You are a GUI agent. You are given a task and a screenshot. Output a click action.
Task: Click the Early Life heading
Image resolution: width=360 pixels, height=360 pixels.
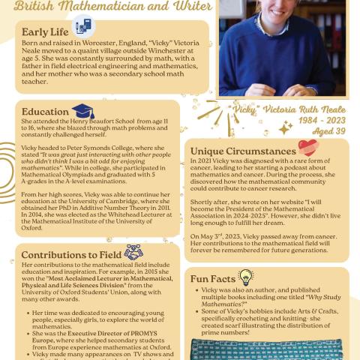[45, 32]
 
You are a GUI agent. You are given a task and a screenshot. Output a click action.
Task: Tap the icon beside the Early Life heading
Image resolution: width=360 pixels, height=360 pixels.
[82, 28]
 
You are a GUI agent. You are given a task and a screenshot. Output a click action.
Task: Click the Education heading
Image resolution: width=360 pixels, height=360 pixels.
[45, 112]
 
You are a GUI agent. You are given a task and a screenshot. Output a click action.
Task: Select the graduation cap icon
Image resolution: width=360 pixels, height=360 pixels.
[82, 111]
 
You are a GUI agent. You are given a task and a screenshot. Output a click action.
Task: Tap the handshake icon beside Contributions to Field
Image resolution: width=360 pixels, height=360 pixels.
[133, 253]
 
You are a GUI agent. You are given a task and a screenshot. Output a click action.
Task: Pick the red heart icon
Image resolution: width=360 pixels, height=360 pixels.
[307, 148]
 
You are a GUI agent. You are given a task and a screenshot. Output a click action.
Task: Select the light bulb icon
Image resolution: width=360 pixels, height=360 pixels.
[245, 277]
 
